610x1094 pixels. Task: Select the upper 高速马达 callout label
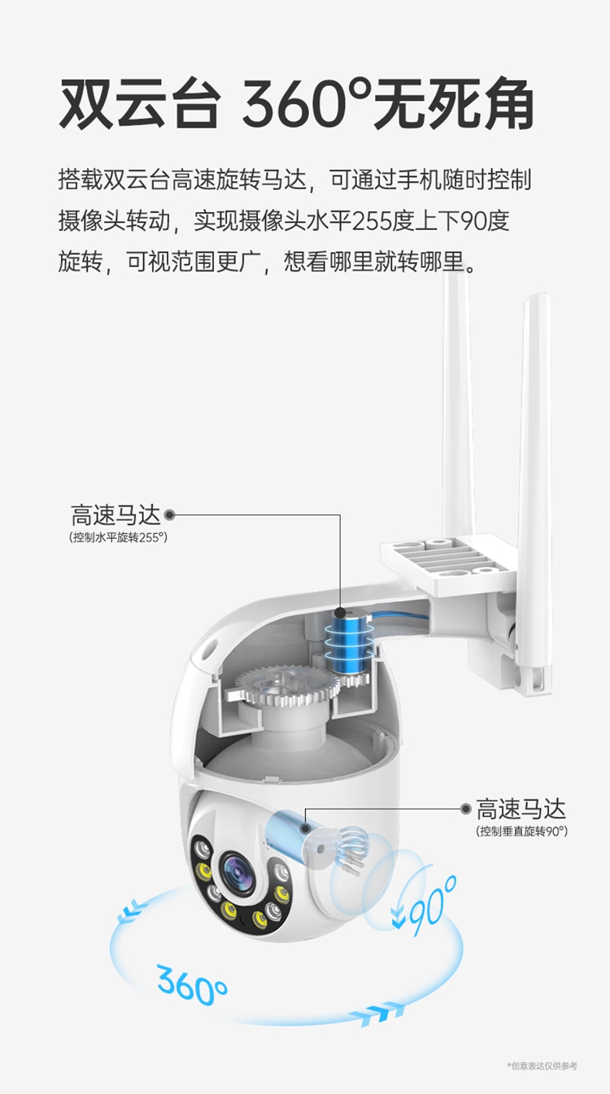[x=115, y=514]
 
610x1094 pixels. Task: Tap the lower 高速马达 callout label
[x=521, y=810]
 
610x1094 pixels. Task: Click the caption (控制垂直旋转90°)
[x=522, y=831]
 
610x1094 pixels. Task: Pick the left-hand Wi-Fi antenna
[x=458, y=402]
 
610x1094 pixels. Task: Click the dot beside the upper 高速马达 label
[x=170, y=514]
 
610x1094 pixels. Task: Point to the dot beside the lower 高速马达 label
[x=465, y=809]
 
